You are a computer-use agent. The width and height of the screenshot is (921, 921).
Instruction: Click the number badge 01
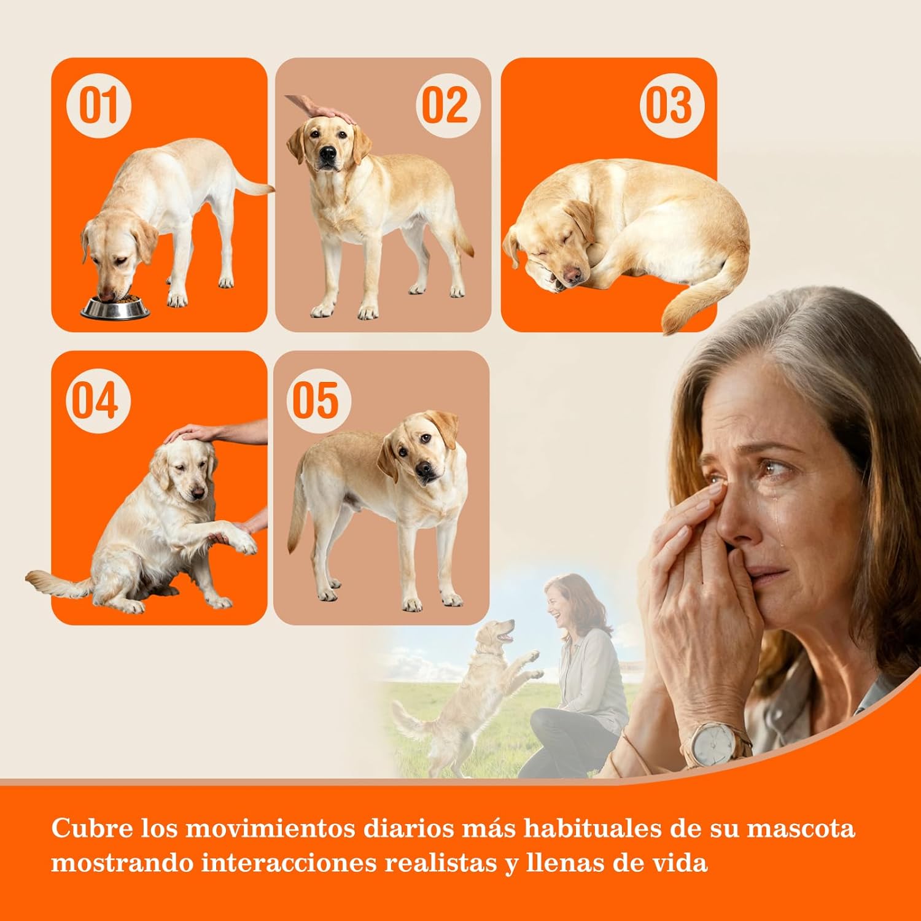[x=98, y=105]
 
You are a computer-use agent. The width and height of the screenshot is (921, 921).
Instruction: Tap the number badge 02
[x=445, y=105]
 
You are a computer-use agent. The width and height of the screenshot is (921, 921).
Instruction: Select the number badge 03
[x=670, y=105]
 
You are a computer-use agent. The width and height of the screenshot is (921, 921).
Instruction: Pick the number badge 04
[x=97, y=401]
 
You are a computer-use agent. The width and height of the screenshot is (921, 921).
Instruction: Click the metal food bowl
[x=115, y=308]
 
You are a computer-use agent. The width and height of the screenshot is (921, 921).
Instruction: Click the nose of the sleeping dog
[x=573, y=274]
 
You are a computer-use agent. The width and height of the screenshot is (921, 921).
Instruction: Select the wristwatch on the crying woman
[x=715, y=744]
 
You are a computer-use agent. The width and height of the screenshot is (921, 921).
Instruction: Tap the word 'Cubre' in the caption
[x=91, y=828]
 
